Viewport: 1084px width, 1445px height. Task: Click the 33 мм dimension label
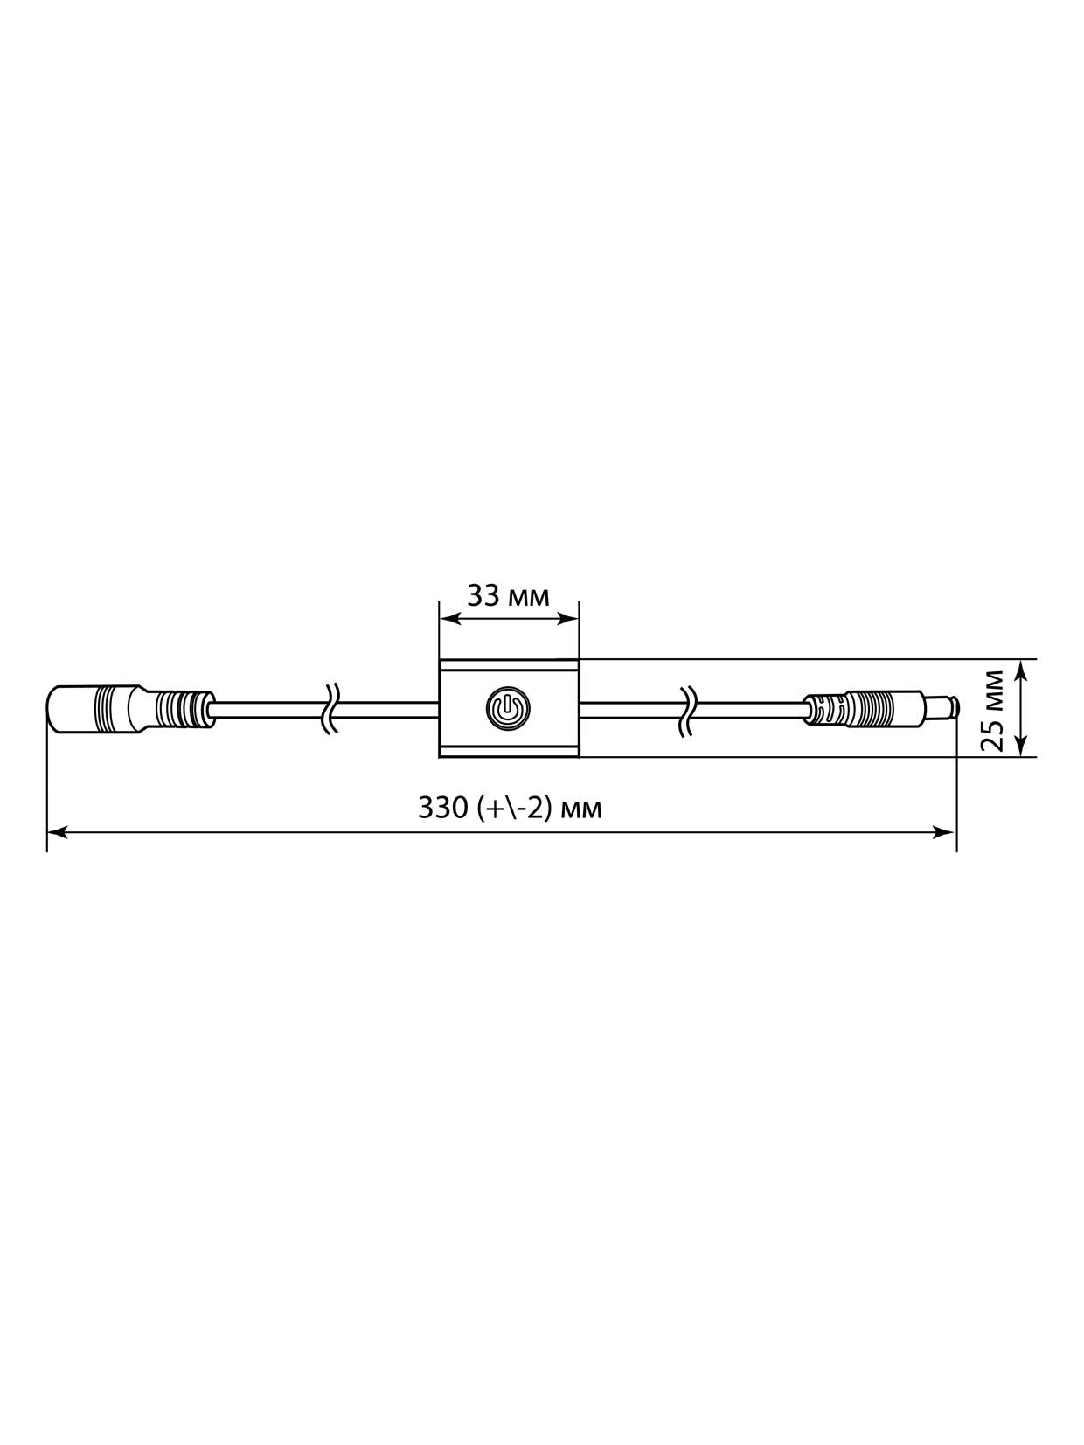point(507,596)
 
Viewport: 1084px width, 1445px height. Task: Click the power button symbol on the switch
point(507,708)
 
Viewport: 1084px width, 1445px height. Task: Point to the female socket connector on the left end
point(130,707)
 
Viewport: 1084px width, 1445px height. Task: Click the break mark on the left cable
point(331,708)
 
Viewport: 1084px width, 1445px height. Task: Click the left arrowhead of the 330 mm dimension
point(58,833)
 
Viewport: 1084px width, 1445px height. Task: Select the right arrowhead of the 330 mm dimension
point(944,833)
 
